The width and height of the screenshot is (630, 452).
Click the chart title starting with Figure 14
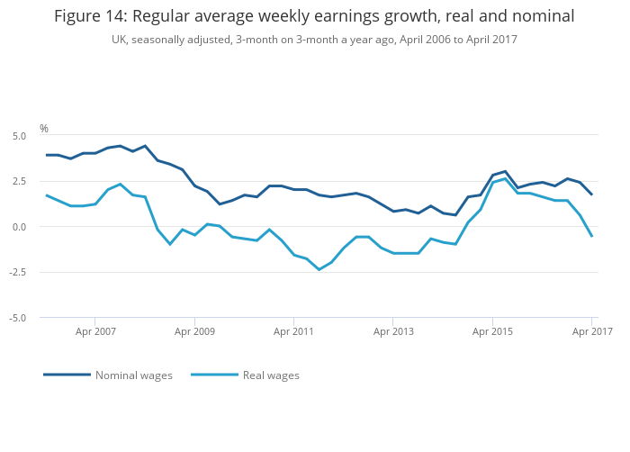pyautogui.click(x=314, y=16)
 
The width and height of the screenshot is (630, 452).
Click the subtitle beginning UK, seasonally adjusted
pyautogui.click(x=314, y=40)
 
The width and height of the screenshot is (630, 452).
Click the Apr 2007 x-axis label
pyautogui.click(x=95, y=331)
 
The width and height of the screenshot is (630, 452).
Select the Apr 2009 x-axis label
pyautogui.click(x=194, y=331)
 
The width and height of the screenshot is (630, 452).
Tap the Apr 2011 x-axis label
pyautogui.click(x=293, y=331)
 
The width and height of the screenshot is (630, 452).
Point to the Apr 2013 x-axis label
pyautogui.click(x=393, y=331)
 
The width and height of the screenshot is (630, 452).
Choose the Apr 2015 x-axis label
pyautogui.click(x=492, y=331)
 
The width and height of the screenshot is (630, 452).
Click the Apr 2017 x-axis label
pyautogui.click(x=591, y=331)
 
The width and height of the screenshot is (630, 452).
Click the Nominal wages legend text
pyautogui.click(x=134, y=375)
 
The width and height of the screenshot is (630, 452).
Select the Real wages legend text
pyautogui.click(x=271, y=375)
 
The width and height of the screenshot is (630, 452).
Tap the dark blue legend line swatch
pyautogui.click(x=67, y=375)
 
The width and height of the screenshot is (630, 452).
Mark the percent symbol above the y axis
pyautogui.click(x=43, y=129)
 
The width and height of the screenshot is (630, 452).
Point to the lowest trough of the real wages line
pyautogui.click(x=319, y=269)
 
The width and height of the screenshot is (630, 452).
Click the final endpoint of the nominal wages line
pyautogui.click(x=591, y=194)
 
